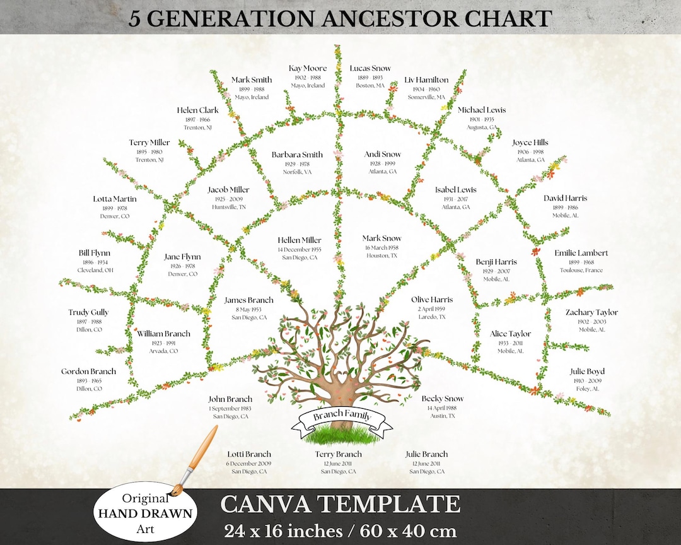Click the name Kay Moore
308,68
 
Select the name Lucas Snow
370,68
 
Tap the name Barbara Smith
297,155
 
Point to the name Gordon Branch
88,372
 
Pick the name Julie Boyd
587,372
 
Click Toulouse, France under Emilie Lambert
581,271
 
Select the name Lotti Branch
249,454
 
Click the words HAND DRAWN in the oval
145,513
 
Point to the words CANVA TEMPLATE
340,504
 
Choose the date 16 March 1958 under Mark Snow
381,248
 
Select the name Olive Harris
432,300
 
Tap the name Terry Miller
149,143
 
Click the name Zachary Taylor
591,312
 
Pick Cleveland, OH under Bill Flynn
95,271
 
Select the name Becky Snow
442,399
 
